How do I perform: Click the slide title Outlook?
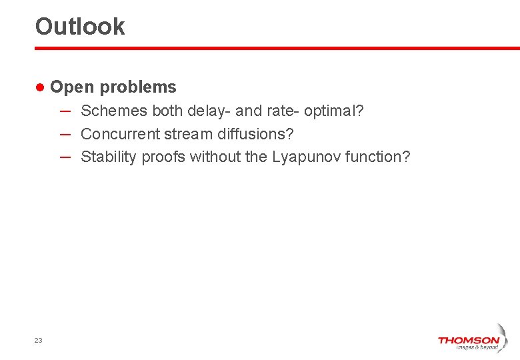[80, 27]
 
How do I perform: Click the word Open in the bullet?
[72, 87]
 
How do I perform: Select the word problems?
[138, 87]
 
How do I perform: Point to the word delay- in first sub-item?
[209, 111]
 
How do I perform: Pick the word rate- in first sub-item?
[283, 111]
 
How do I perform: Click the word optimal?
[334, 111]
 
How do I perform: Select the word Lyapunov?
[306, 157]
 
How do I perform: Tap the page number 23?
[38, 340]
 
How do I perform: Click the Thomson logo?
[469, 342]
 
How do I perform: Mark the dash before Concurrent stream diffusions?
[65, 133]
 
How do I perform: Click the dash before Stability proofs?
[65, 157]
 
